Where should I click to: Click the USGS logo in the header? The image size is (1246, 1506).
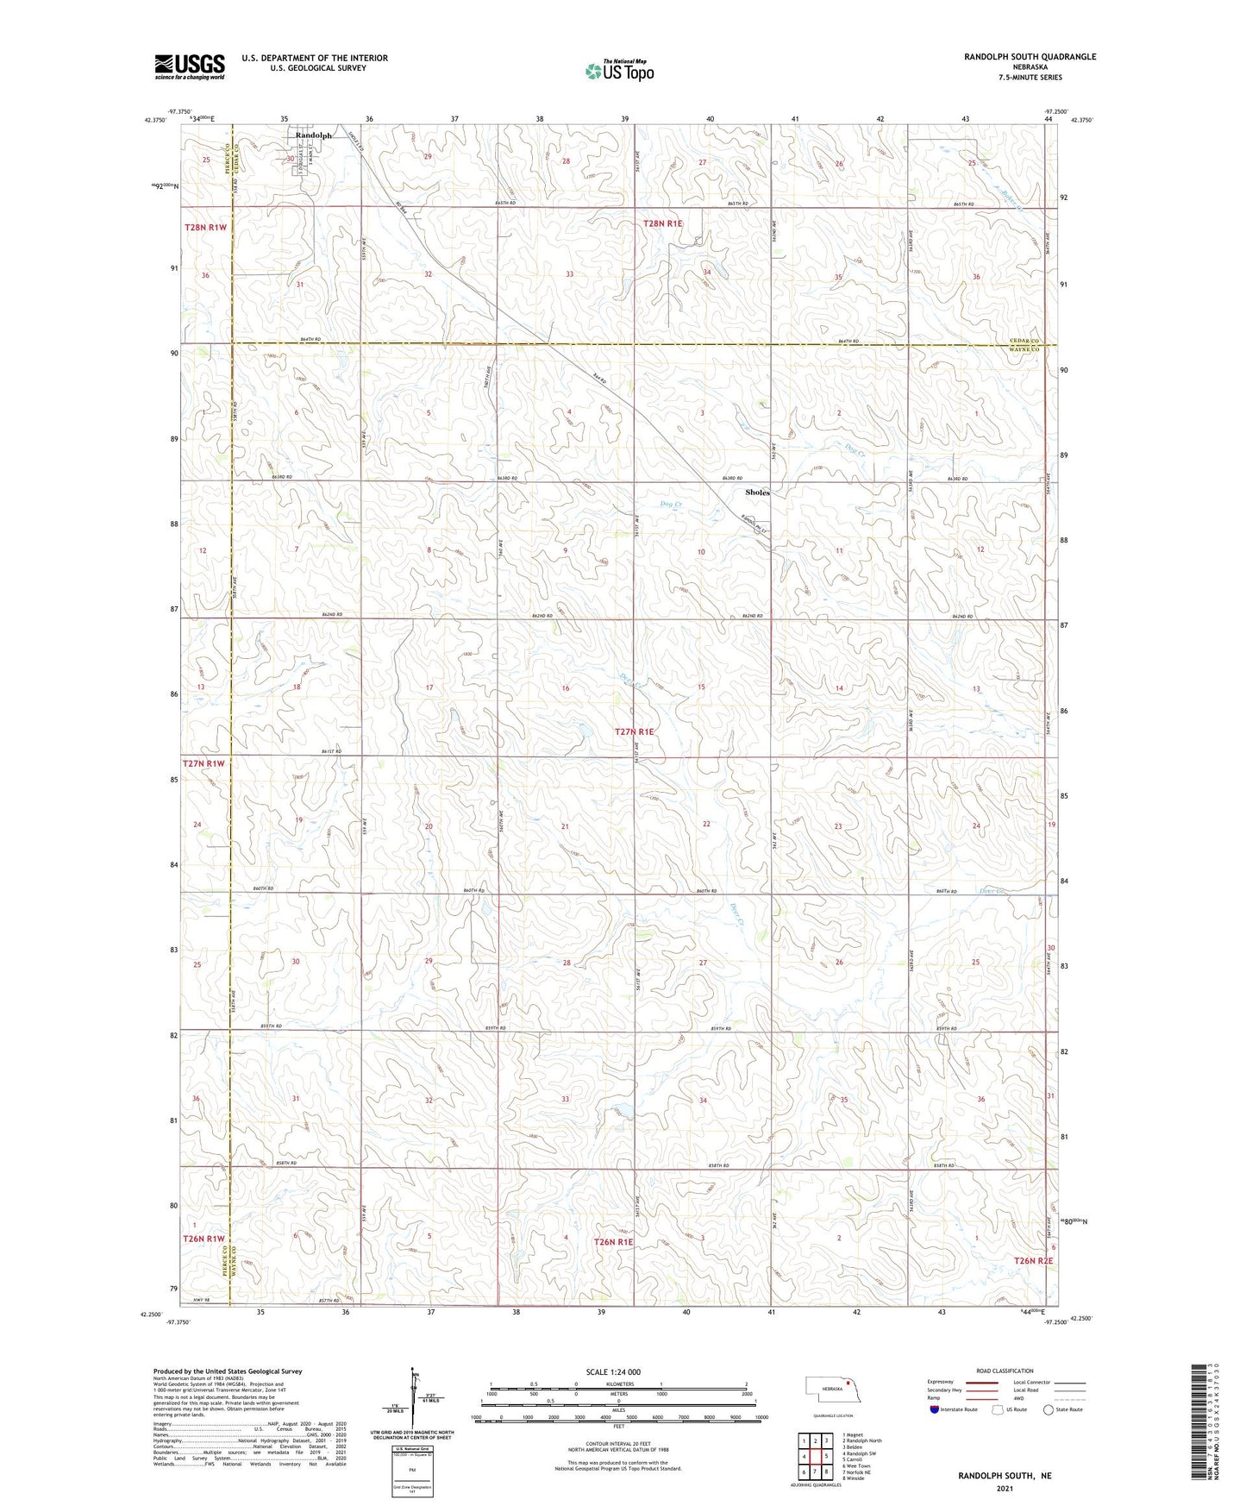(190, 66)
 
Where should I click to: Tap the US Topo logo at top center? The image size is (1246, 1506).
(618, 71)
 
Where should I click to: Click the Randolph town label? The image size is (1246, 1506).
(313, 135)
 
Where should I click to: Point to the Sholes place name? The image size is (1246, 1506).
(757, 493)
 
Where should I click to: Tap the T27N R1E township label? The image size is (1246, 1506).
(635, 731)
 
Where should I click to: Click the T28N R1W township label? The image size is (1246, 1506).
(205, 227)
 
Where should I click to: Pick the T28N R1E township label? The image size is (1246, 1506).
(662, 223)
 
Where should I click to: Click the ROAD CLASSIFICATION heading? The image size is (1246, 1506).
(1005, 1371)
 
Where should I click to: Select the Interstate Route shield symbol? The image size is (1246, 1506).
(934, 1409)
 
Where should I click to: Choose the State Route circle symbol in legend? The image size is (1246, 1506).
(1049, 1409)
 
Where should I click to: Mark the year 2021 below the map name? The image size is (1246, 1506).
(1005, 1488)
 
